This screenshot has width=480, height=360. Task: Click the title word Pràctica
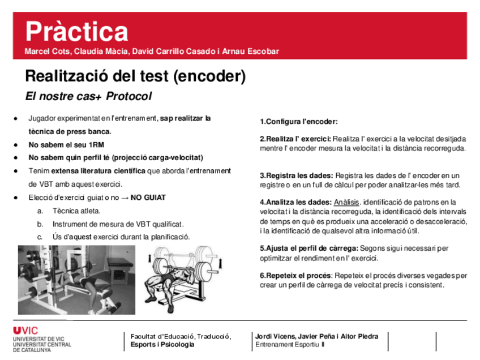[76, 31]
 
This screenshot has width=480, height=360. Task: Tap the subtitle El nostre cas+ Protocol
[88, 96]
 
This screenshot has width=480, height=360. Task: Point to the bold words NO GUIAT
[148, 198]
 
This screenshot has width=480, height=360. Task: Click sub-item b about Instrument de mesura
[118, 224]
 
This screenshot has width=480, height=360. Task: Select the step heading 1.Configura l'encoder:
[299, 122]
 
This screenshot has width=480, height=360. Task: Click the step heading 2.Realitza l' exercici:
[295, 139]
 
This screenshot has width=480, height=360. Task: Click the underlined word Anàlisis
[346, 202]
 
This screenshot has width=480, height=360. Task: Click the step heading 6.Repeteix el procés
[295, 276]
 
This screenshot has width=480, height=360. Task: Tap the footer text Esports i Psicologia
[162, 344]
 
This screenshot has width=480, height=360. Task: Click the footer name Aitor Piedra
[359, 336]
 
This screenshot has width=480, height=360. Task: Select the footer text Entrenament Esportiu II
[290, 344]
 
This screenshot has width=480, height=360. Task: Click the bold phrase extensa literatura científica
[98, 171]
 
